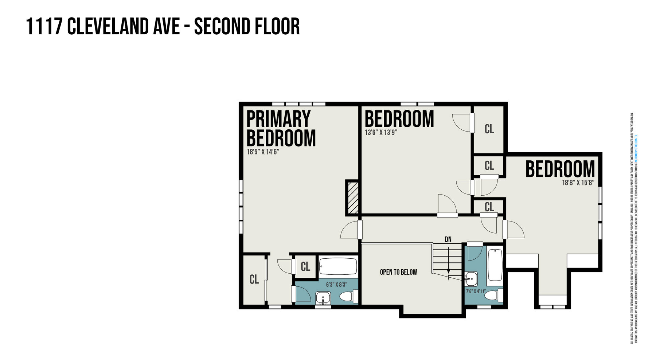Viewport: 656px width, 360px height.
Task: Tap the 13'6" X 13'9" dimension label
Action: pyautogui.click(x=380, y=133)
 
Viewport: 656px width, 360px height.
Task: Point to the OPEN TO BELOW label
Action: pyautogui.click(x=398, y=272)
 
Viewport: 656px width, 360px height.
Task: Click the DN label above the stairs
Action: pyautogui.click(x=448, y=239)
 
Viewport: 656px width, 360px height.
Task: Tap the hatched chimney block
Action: pyautogui.click(x=352, y=198)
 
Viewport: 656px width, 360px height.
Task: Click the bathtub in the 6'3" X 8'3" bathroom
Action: pyautogui.click(x=338, y=267)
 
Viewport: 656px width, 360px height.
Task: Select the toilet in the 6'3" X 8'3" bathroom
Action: pyautogui.click(x=350, y=296)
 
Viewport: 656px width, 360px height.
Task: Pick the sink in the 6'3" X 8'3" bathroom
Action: pyautogui.click(x=323, y=298)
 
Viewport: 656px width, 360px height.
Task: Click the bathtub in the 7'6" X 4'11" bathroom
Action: pyautogui.click(x=495, y=265)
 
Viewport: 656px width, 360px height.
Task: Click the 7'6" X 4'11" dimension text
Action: pyautogui.click(x=476, y=291)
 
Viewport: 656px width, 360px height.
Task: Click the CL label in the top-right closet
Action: pyautogui.click(x=489, y=129)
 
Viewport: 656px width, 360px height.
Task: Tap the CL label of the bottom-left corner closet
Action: pyautogui.click(x=254, y=279)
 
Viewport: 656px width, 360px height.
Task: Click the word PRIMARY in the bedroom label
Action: pyautogui.click(x=278, y=119)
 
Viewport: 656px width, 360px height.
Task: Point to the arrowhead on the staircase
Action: pyautogui.click(x=449, y=271)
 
